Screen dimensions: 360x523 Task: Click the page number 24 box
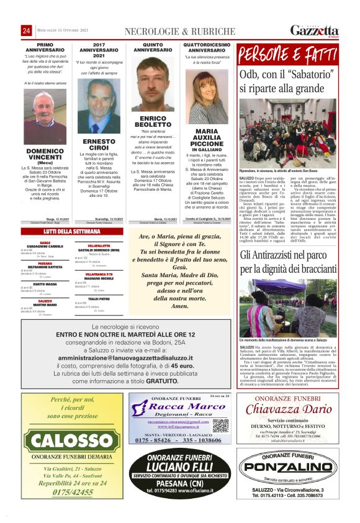(27, 30)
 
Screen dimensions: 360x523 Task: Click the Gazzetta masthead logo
(314, 30)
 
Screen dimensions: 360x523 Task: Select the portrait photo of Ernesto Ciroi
(98, 106)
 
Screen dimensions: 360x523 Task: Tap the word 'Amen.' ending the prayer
(179, 306)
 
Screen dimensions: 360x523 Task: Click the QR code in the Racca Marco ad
(220, 425)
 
